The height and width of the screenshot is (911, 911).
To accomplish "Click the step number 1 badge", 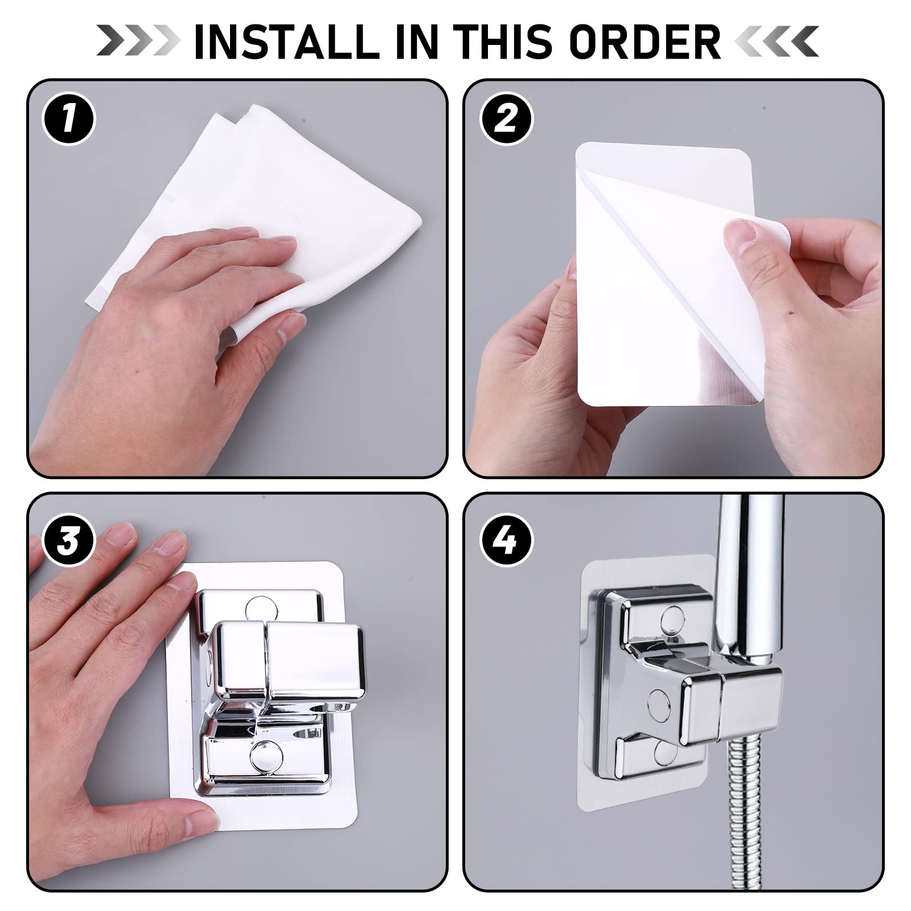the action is coord(69,120).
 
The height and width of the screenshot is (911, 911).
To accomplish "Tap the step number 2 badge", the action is coord(506,120).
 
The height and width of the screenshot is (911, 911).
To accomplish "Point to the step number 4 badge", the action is coord(507,540).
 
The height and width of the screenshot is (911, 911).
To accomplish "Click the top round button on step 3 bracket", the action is coord(262,609).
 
